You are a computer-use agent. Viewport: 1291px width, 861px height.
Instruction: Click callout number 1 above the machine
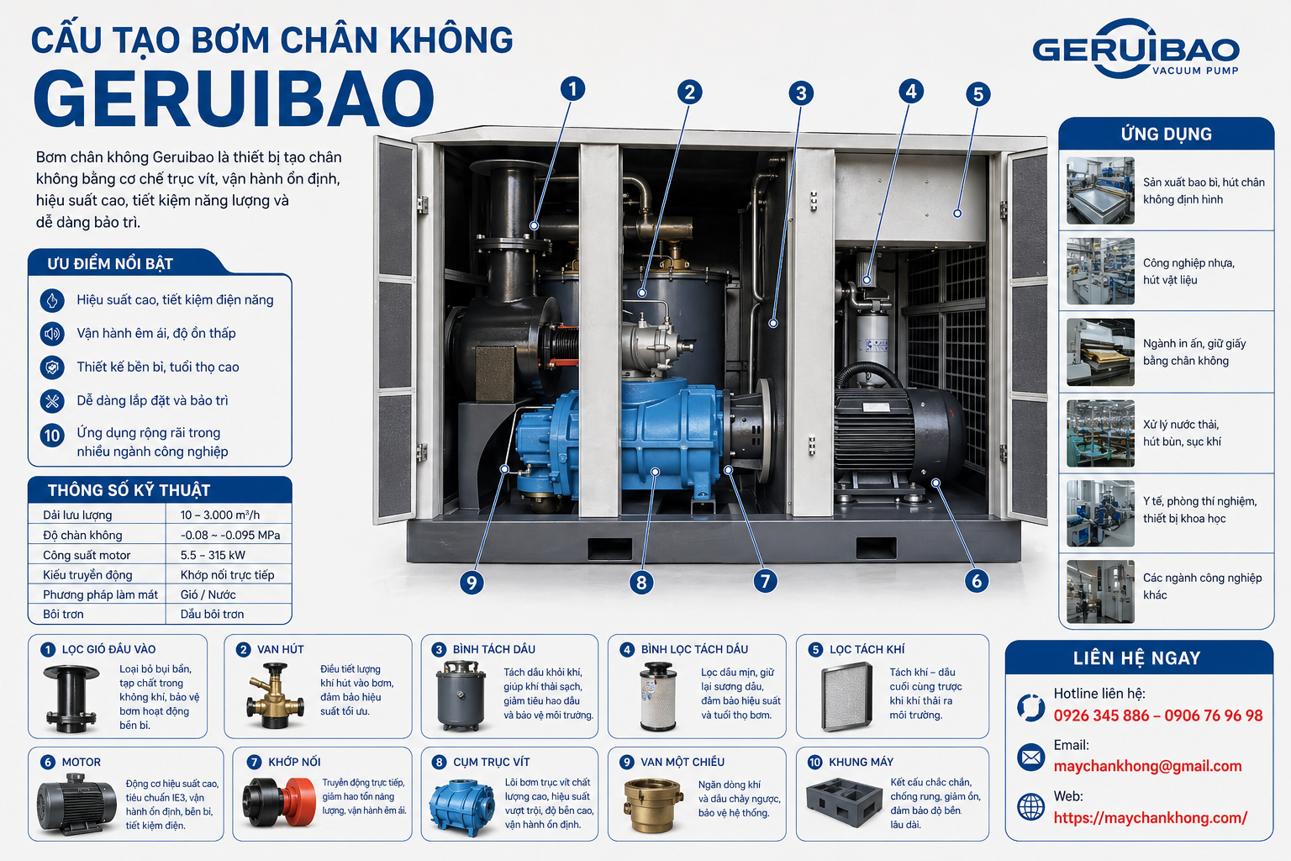tap(572, 89)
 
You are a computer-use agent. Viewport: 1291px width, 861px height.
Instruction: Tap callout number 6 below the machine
tap(977, 581)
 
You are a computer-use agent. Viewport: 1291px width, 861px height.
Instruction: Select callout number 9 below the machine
tap(472, 583)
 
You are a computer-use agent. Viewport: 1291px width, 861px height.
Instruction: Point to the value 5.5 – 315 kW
tap(213, 555)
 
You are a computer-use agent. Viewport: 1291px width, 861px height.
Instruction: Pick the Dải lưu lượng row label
tap(77, 515)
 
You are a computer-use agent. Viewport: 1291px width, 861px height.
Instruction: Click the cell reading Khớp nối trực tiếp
tap(227, 575)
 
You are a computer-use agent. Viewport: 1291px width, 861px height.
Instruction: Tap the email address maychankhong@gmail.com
tap(1147, 766)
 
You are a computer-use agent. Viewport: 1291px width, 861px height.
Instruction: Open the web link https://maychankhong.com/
tap(1151, 818)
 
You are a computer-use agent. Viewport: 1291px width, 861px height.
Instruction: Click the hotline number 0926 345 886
tap(1101, 716)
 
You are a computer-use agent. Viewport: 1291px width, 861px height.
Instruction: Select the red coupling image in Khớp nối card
tap(278, 801)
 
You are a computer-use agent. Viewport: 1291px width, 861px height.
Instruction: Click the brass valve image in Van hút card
tap(275, 695)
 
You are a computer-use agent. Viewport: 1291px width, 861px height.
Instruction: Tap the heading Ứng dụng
tap(1166, 134)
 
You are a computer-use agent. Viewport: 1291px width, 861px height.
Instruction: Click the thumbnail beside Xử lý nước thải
tap(1100, 433)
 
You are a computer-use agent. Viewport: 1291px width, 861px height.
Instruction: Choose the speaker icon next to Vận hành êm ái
tap(52, 333)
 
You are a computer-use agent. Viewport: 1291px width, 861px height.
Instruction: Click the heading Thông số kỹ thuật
tap(129, 490)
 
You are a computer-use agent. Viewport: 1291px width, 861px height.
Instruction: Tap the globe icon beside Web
tap(1030, 806)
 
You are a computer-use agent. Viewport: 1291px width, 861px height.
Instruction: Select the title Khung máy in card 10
tap(861, 762)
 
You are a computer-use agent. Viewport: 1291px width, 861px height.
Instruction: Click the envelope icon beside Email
tap(1030, 757)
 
